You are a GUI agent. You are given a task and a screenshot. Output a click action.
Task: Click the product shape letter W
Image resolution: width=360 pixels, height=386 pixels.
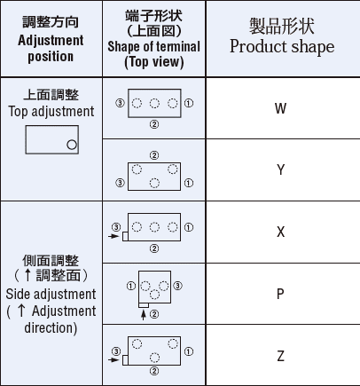click(280, 108)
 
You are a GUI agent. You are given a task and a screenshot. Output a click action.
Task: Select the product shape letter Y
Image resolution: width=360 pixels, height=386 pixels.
click(281, 169)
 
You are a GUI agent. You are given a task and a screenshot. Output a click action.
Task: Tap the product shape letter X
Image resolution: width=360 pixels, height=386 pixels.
click(281, 232)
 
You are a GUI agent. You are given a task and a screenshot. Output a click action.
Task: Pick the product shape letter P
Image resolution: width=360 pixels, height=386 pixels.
click(280, 294)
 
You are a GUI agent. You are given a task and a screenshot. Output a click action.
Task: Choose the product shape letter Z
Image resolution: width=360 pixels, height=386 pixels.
click(281, 356)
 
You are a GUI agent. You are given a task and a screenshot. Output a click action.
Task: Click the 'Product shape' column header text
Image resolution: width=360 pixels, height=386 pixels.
click(282, 47)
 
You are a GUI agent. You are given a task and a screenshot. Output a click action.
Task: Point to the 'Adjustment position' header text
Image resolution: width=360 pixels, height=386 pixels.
click(51, 48)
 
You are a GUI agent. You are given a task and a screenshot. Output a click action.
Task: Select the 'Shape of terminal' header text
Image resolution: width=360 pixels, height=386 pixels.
click(153, 46)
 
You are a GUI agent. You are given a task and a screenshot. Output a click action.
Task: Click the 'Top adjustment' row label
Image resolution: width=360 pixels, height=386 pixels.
click(51, 112)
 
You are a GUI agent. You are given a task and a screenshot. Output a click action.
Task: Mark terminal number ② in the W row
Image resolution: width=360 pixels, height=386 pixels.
click(154, 124)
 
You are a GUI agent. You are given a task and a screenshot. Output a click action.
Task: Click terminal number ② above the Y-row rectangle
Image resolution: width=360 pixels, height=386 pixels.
click(154, 155)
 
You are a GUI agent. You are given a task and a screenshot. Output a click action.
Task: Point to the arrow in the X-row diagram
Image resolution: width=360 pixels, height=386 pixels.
click(113, 236)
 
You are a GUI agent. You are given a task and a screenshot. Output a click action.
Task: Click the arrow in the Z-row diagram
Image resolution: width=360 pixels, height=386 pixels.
click(113, 360)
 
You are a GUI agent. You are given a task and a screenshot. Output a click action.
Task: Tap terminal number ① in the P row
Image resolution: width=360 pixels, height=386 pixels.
click(131, 286)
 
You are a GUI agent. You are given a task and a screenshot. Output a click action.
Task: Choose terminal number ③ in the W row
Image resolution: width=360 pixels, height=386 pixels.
click(120, 103)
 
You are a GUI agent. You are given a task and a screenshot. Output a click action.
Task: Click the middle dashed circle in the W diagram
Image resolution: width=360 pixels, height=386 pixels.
click(154, 103)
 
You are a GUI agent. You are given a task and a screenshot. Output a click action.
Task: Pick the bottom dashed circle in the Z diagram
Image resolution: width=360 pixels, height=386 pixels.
click(154, 358)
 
